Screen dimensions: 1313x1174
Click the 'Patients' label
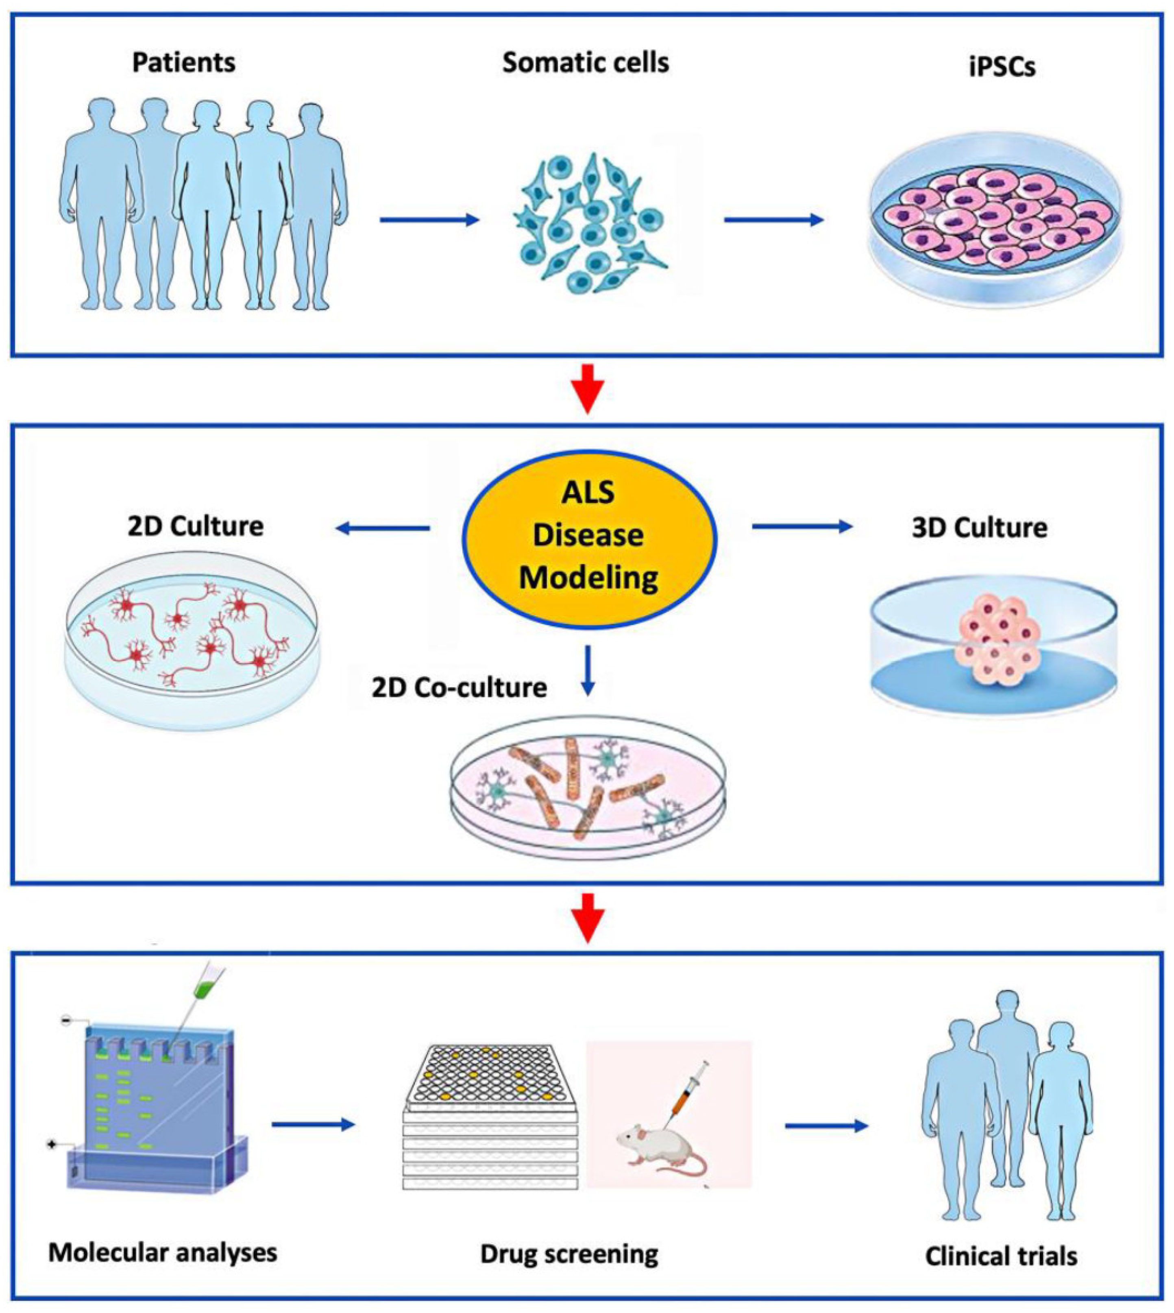184,63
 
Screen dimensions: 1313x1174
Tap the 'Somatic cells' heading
586,63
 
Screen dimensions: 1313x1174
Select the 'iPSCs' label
1002,66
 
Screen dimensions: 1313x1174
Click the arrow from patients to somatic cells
429,220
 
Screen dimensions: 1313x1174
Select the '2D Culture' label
196,526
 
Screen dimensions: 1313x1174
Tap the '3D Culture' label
979,528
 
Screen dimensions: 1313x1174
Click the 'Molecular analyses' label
163,1252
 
